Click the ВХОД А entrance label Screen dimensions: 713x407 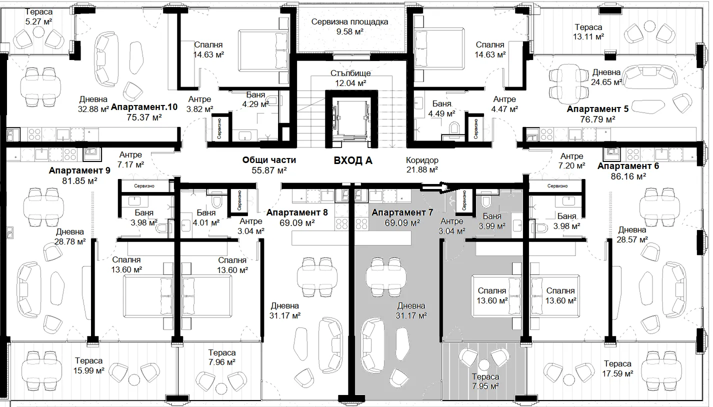pyautogui.click(x=352, y=160)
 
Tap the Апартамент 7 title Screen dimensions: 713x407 pyautogui.click(x=402, y=212)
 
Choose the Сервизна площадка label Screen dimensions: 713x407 pyautogui.click(x=349, y=21)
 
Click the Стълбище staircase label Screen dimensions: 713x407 pyautogui.click(x=350, y=73)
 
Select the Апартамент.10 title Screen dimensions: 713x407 pyautogui.click(x=144, y=107)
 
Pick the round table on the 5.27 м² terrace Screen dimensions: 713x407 pyautogui.click(x=39, y=31)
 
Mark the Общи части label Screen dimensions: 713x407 pyautogui.click(x=269, y=159)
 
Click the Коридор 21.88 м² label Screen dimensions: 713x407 pyautogui.click(x=422, y=165)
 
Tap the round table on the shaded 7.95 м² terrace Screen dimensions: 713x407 pyautogui.click(x=484, y=364)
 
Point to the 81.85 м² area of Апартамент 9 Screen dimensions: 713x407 pyautogui.click(x=79, y=181)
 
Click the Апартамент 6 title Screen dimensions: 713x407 pyautogui.click(x=628, y=166)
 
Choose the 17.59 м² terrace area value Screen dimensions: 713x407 pyautogui.click(x=617, y=373)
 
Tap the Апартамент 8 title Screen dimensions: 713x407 pyautogui.click(x=297, y=212)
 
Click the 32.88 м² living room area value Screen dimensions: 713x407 pyautogui.click(x=93, y=109)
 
